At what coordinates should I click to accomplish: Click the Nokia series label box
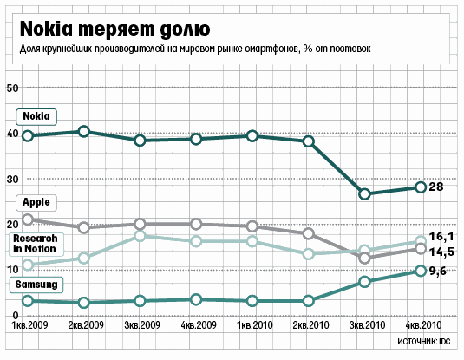[x=36, y=116]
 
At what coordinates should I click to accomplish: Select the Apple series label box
[x=36, y=203]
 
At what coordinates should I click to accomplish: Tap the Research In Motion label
[x=36, y=244]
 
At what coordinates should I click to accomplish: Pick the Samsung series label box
[x=36, y=285]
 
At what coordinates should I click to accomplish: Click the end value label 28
[x=436, y=187]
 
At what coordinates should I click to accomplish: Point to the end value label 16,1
[x=441, y=237]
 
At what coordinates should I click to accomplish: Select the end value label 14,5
[x=441, y=252]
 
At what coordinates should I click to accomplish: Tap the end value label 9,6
[x=438, y=272]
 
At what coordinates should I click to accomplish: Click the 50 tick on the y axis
[x=12, y=88]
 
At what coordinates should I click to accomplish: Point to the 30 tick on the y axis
[x=12, y=180]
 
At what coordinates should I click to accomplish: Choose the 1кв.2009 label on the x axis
[x=29, y=325]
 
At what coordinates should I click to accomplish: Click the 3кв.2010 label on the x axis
[x=367, y=325]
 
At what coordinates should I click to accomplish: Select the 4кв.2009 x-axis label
[x=199, y=325]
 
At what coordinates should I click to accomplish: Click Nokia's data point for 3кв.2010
[x=365, y=194]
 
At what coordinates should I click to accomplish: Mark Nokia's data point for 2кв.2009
[x=84, y=132]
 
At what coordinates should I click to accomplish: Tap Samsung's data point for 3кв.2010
[x=365, y=282]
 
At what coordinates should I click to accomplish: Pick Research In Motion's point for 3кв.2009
[x=140, y=236]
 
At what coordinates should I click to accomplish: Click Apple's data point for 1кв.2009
[x=28, y=219]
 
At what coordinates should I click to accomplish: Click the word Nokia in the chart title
[x=46, y=29]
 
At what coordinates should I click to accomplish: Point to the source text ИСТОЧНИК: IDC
[x=424, y=341]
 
